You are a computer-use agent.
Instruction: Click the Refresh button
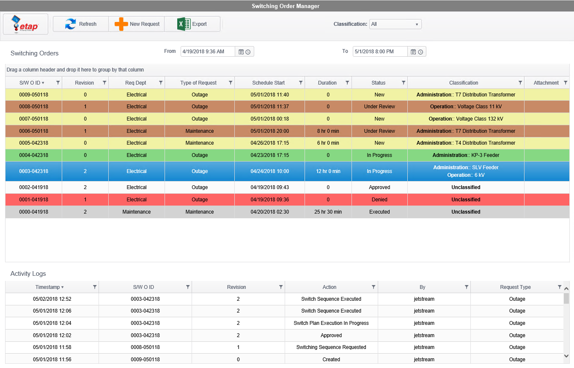(x=81, y=24)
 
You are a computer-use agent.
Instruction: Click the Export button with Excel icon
(x=192, y=24)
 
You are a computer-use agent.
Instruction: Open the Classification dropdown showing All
(x=395, y=24)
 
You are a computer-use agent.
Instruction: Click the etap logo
(x=25, y=24)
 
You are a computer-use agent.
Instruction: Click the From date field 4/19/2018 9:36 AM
(x=207, y=52)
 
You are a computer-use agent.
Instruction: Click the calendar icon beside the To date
(x=413, y=52)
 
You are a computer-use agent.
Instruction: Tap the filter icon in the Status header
(x=404, y=83)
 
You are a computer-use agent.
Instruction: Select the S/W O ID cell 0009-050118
(x=34, y=95)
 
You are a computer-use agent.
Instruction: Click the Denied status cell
(x=379, y=200)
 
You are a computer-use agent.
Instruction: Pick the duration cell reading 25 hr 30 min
(x=328, y=212)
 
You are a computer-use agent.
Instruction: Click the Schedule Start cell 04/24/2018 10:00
(x=269, y=171)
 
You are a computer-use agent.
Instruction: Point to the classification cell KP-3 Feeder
(x=466, y=155)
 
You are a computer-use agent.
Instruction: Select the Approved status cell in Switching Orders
(x=379, y=187)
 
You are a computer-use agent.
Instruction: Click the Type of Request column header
(x=198, y=83)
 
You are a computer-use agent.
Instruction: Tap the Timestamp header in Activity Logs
(x=47, y=287)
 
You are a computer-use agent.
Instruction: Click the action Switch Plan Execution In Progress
(x=331, y=323)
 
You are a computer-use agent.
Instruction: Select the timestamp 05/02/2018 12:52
(x=52, y=299)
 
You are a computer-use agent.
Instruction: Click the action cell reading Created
(x=331, y=360)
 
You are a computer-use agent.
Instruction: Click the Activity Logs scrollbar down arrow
(x=567, y=356)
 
